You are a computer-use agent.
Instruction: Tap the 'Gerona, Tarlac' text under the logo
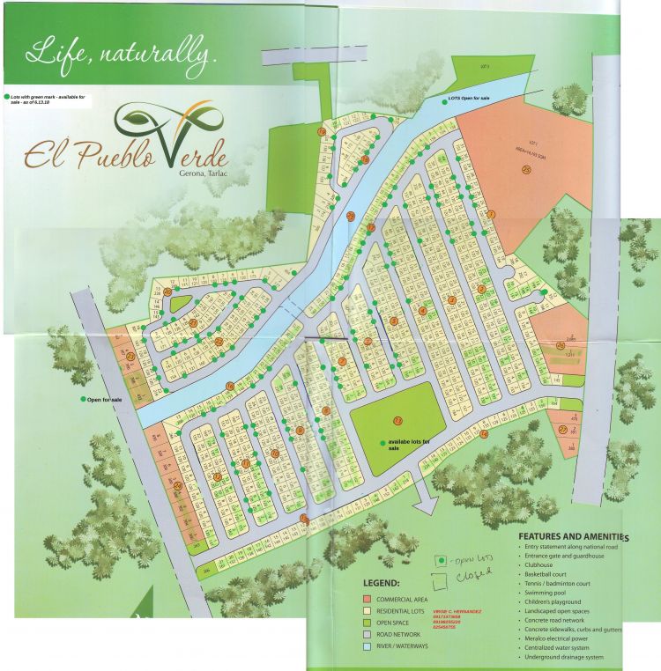coord(196,172)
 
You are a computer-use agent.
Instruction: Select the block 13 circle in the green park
coord(397,420)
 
